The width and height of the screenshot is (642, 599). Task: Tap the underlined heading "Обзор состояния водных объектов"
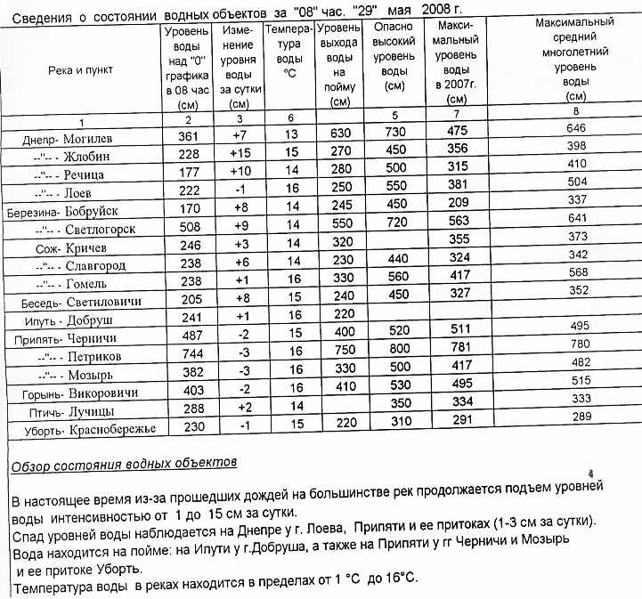124,464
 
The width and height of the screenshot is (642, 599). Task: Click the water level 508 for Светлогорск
187,225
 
